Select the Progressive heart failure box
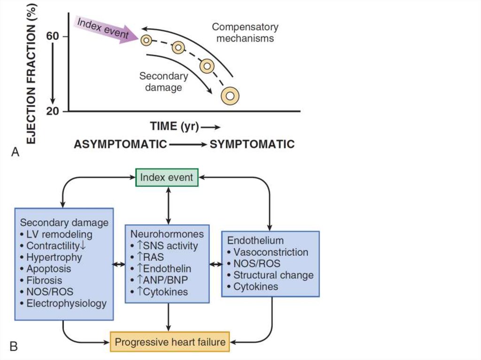point(170,341)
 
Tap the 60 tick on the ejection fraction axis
point(52,36)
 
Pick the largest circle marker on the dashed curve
point(230,96)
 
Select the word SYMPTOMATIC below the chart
point(252,144)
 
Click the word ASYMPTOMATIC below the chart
point(120,144)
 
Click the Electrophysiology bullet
point(63,304)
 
